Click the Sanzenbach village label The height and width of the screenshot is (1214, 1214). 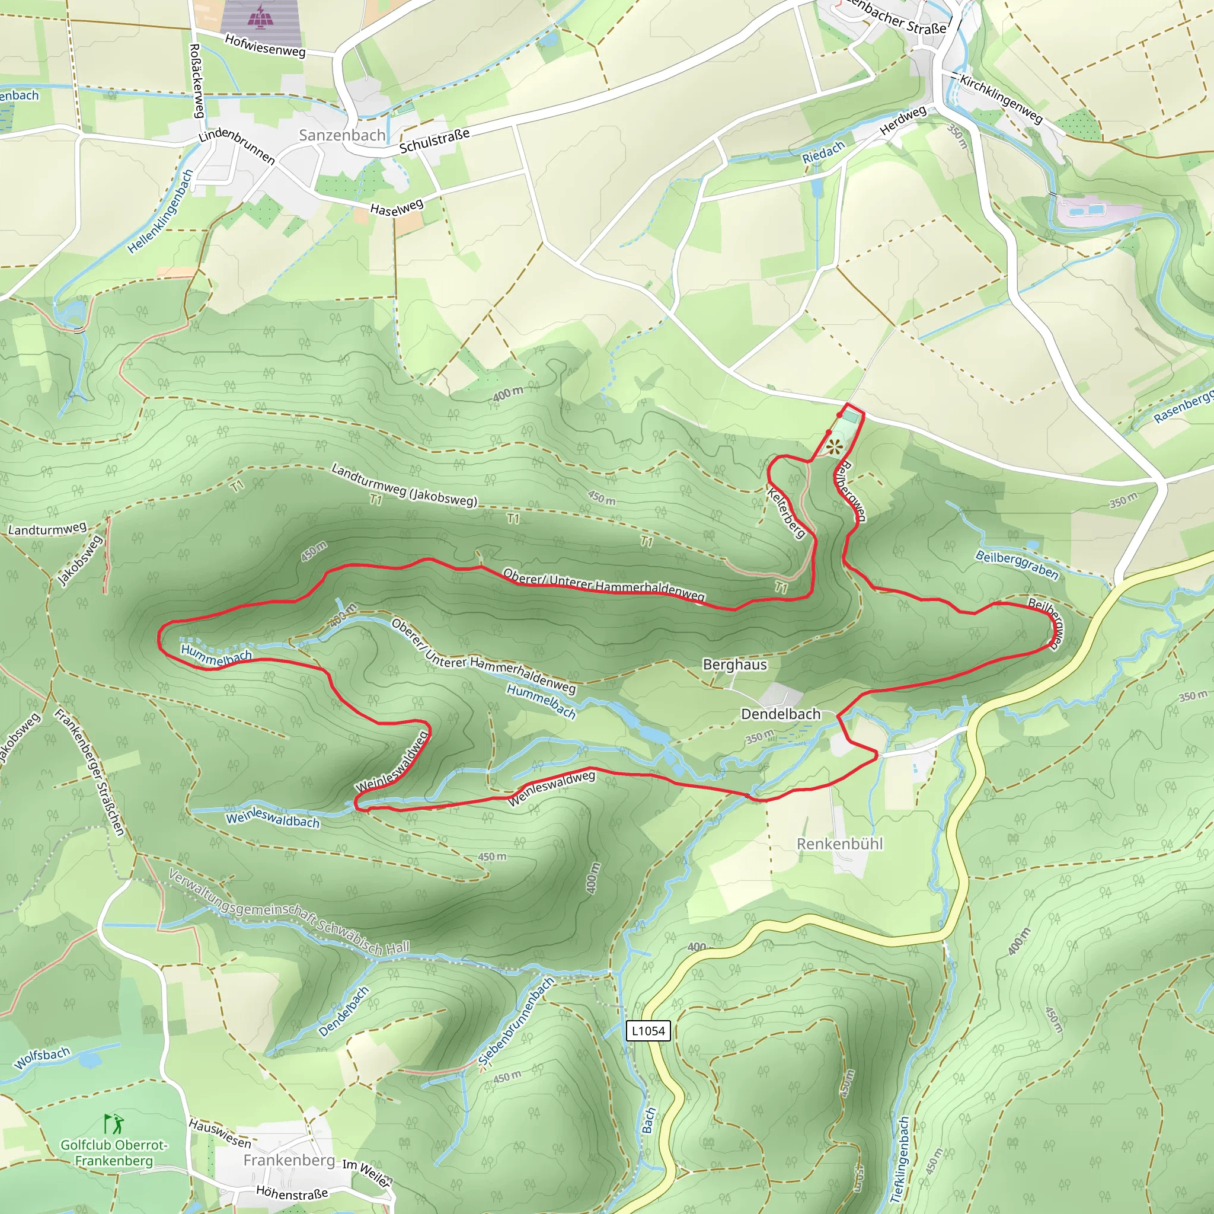click(342, 135)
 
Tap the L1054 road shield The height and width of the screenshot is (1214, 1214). click(648, 1030)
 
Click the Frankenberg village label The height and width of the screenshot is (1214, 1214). click(289, 1160)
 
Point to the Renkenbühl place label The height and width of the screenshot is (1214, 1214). click(839, 844)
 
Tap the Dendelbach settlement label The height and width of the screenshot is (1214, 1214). click(781, 714)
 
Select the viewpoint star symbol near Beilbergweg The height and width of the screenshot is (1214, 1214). click(833, 448)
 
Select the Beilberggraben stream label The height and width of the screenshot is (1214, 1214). click(1017, 564)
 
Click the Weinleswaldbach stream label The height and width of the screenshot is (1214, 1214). click(273, 820)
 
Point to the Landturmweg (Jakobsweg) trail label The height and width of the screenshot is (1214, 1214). click(404, 484)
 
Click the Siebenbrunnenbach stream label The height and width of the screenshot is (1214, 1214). click(516, 1023)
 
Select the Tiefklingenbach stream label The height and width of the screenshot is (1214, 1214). click(900, 1159)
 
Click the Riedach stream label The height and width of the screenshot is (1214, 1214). click(823, 153)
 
